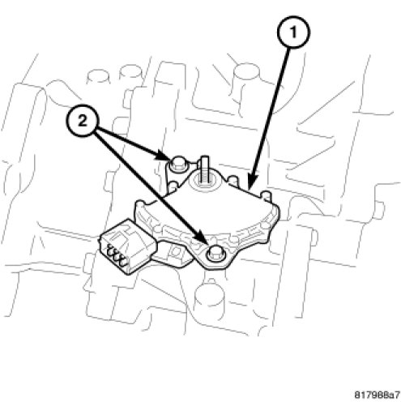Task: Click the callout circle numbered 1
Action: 293,32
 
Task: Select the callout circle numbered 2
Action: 83,122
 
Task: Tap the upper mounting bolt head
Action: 177,163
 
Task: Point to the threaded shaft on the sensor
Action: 204,170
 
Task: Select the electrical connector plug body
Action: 127,246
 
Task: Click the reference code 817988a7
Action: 377,395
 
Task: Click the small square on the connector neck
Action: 176,251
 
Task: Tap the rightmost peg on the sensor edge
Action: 267,196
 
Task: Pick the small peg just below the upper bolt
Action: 172,187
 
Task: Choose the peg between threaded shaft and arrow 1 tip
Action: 234,181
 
